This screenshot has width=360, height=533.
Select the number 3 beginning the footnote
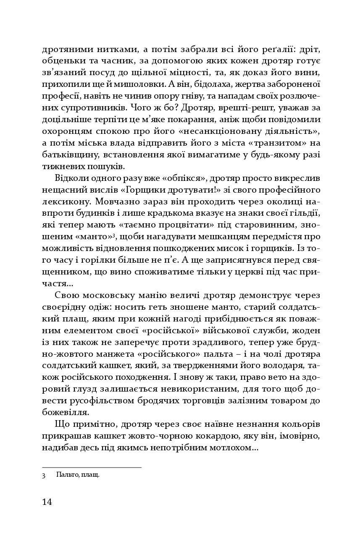pos(44,476)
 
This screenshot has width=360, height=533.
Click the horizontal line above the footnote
pos(92,467)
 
